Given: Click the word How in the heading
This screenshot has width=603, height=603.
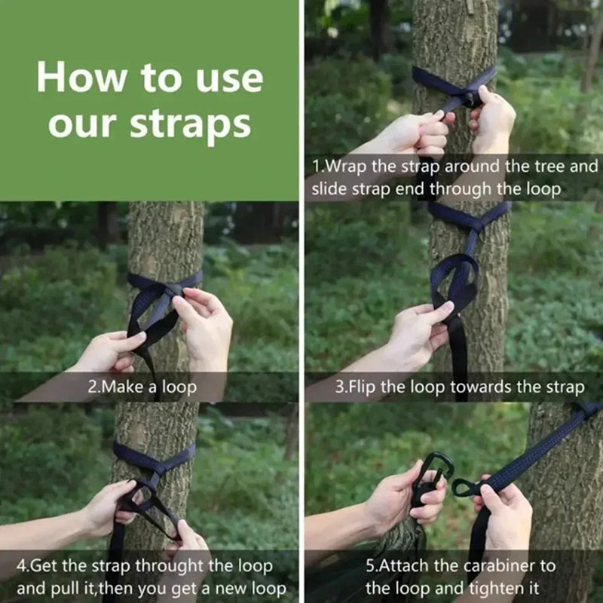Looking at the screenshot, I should pos(83,78).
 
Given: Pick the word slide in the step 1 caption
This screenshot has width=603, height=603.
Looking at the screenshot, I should pos(329,188).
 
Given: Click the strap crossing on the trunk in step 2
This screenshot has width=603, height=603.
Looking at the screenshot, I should pos(172,289).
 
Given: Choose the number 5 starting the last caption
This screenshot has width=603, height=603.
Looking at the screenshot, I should pos(370,565).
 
